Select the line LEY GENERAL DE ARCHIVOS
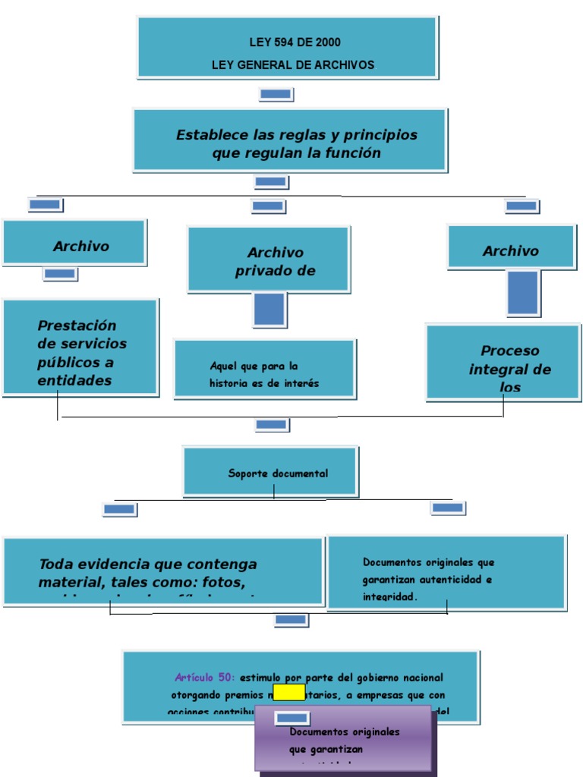[292, 65]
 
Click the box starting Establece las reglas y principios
[290, 140]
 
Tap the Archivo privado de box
[269, 260]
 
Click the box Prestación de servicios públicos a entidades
[80, 347]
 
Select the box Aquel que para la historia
[264, 369]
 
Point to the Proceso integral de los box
[503, 362]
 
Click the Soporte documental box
[270, 471]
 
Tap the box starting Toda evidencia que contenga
[162, 571]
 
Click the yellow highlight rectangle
[288, 692]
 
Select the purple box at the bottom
[345, 740]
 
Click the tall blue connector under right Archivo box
[523, 293]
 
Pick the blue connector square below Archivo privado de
[269, 310]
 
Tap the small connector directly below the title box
[276, 94]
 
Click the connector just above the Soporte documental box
[272, 424]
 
